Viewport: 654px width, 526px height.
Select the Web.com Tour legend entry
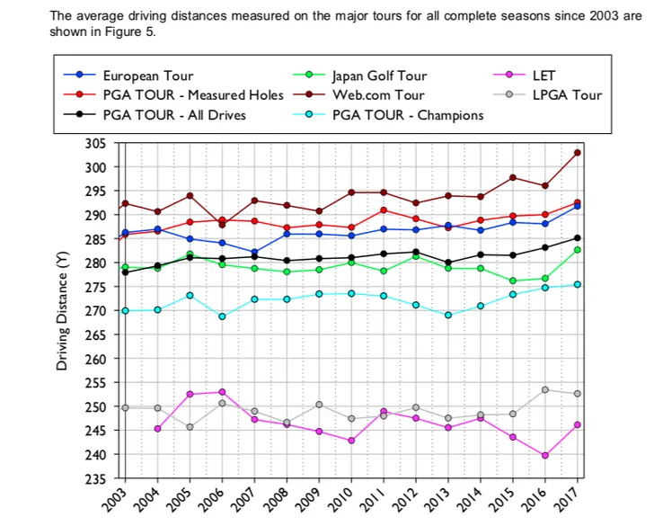coord(377,95)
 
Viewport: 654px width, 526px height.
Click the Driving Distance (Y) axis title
coord(62,311)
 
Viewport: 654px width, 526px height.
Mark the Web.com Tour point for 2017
coord(577,153)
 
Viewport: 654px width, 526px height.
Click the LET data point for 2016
coord(545,456)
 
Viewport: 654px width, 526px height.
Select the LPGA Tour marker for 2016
coord(545,389)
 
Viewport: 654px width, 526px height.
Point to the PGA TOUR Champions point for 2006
coord(222,316)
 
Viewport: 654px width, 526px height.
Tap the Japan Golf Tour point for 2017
coord(577,250)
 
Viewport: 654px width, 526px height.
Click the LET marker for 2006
coord(222,392)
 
